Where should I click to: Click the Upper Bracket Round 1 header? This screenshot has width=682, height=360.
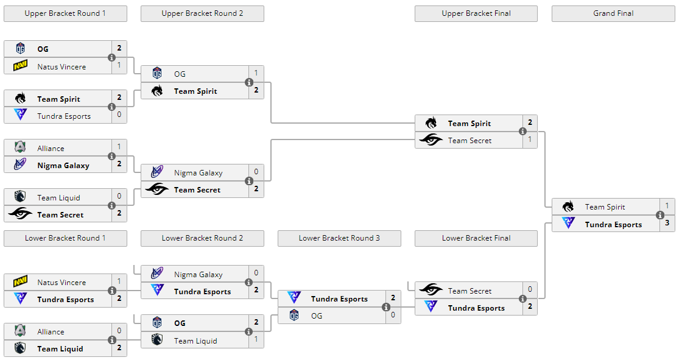point(65,13)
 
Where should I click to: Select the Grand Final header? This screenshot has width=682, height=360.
point(613,13)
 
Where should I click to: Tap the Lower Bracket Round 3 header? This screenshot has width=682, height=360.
point(339,238)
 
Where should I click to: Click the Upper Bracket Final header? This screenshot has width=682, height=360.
point(476,13)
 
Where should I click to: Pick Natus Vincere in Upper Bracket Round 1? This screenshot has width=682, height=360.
point(62,66)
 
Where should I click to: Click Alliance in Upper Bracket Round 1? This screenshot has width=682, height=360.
point(51,148)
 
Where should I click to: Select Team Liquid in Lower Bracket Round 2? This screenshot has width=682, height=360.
point(195,341)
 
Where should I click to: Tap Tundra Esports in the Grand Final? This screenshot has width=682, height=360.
point(613,224)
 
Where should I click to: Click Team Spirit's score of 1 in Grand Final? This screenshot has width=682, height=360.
point(667,206)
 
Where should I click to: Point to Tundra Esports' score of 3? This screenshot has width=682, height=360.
point(667,224)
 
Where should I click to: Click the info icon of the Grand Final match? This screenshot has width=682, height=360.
point(660,215)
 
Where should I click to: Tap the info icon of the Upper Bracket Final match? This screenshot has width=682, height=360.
point(522,132)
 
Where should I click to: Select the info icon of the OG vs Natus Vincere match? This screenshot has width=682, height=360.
point(112,57)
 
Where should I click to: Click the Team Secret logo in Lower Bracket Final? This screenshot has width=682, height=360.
point(431,291)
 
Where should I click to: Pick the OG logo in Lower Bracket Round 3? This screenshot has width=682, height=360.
point(294,316)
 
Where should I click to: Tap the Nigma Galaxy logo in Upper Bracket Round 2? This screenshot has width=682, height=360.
point(157,172)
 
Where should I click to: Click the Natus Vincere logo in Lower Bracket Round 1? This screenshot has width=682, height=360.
point(20,282)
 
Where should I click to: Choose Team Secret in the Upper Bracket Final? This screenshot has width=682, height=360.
point(469,141)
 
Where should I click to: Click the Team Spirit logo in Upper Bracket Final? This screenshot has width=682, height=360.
point(431,123)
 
